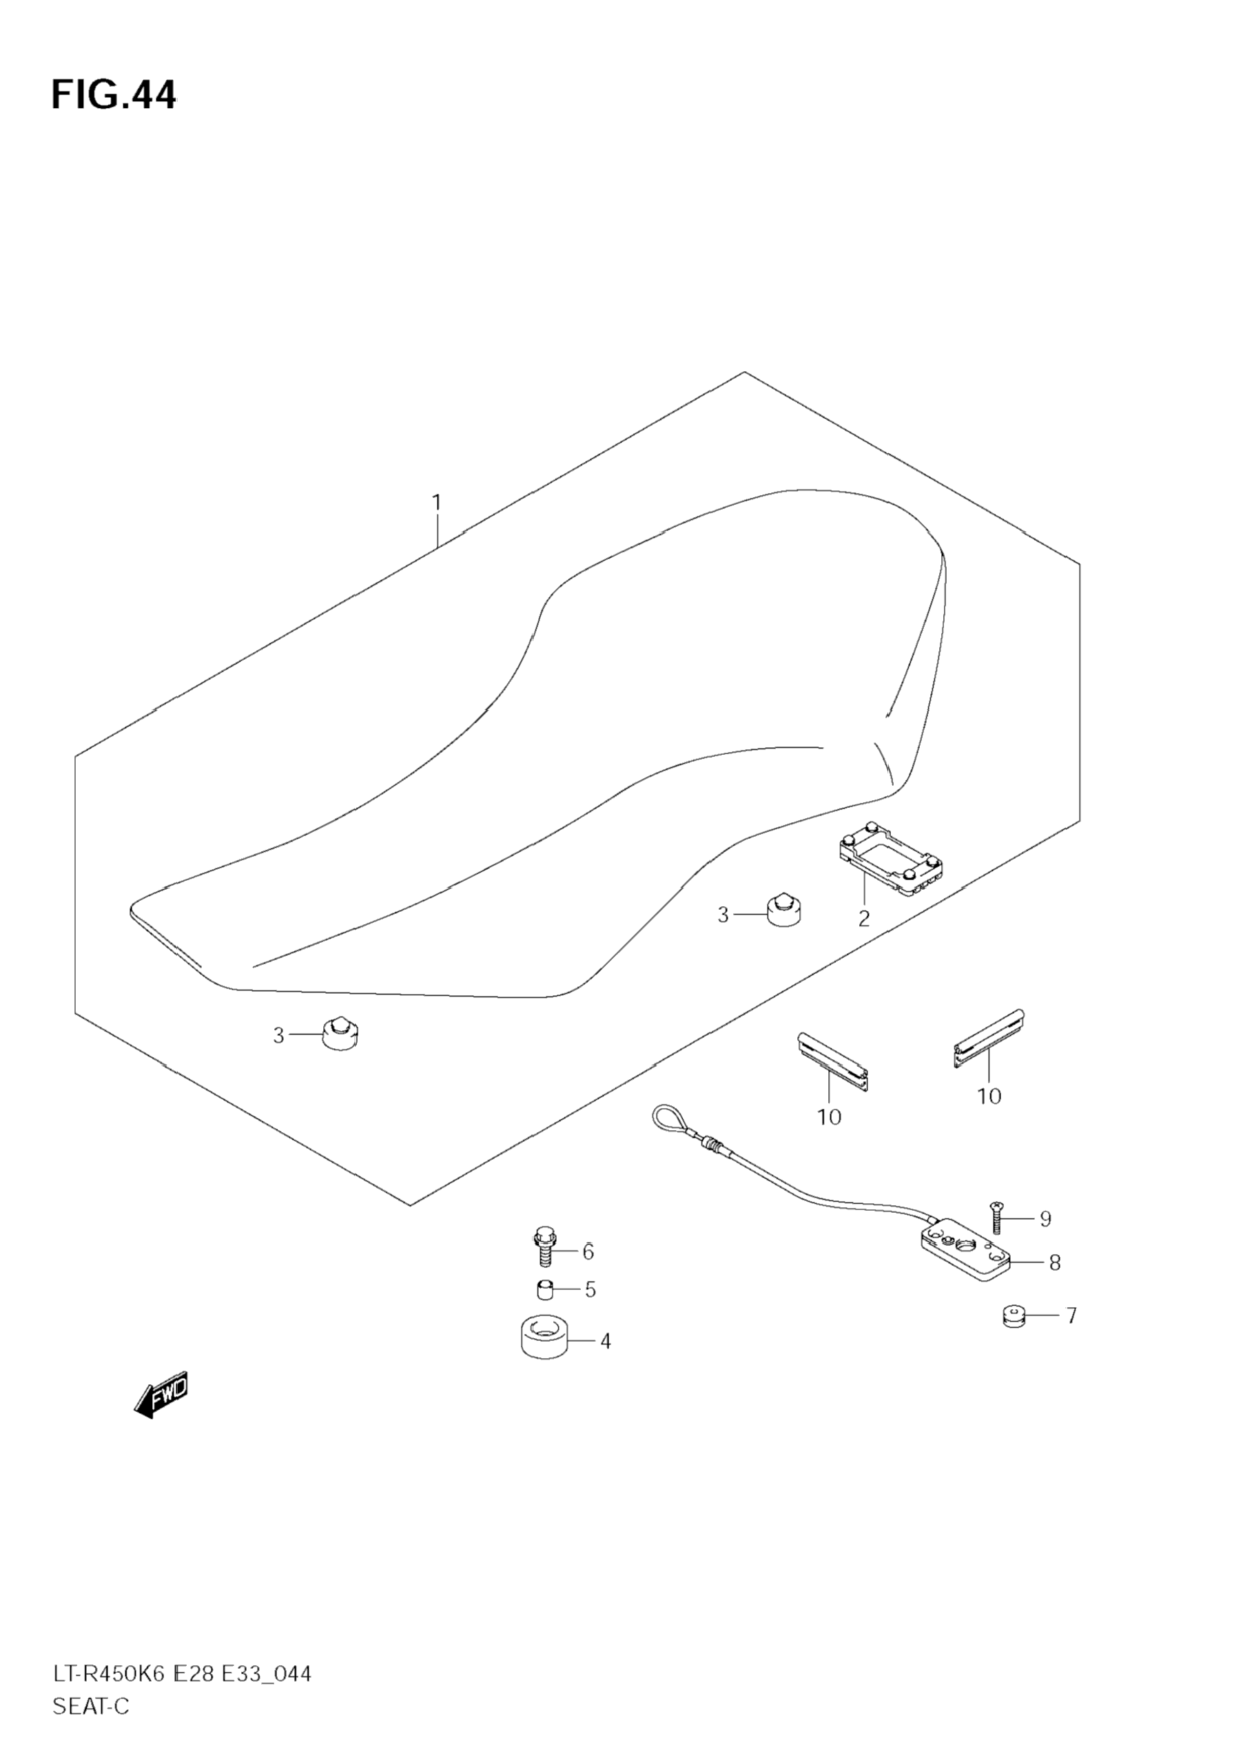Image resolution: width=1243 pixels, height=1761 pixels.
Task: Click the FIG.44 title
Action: coord(114,95)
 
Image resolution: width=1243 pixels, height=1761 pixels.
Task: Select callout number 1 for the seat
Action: coord(437,503)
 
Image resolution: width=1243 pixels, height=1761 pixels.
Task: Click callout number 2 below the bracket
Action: coord(864,918)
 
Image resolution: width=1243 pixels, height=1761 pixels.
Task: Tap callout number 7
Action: coord(1071,1316)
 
